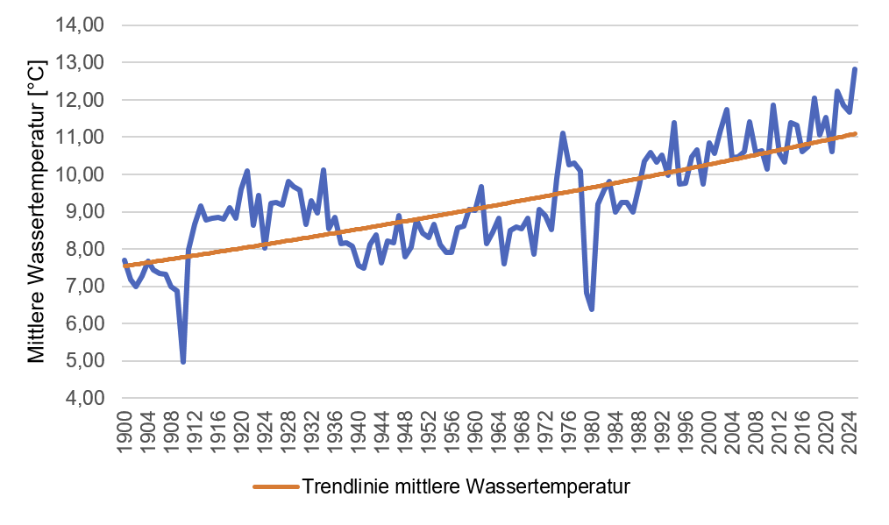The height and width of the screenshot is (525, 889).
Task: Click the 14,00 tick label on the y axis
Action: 81,26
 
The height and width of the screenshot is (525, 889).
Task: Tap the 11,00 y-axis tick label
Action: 81,138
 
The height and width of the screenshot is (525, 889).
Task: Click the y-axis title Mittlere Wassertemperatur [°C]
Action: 36,212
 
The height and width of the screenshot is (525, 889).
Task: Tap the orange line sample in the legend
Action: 275,486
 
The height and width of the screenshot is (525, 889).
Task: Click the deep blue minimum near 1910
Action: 182,361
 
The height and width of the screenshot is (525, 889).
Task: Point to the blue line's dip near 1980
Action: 593,309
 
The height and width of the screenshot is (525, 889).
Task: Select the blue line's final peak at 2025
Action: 855,69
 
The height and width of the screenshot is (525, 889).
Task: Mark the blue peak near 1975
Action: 563,133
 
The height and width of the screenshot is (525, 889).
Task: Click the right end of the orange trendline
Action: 856,133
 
